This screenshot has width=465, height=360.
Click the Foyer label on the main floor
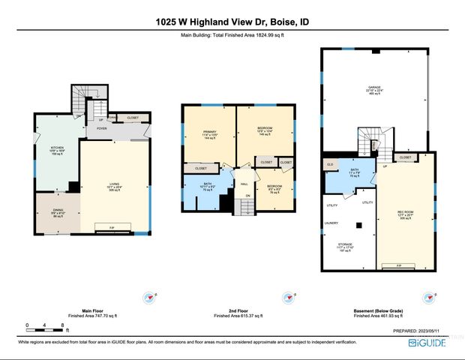tap(101, 127)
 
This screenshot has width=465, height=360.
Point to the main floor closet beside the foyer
tap(132, 118)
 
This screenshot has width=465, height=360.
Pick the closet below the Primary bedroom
tap(201, 169)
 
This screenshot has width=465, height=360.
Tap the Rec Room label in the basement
tap(405, 214)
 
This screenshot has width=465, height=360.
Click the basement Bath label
tap(355, 172)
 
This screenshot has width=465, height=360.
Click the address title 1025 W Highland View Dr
tap(232, 22)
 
